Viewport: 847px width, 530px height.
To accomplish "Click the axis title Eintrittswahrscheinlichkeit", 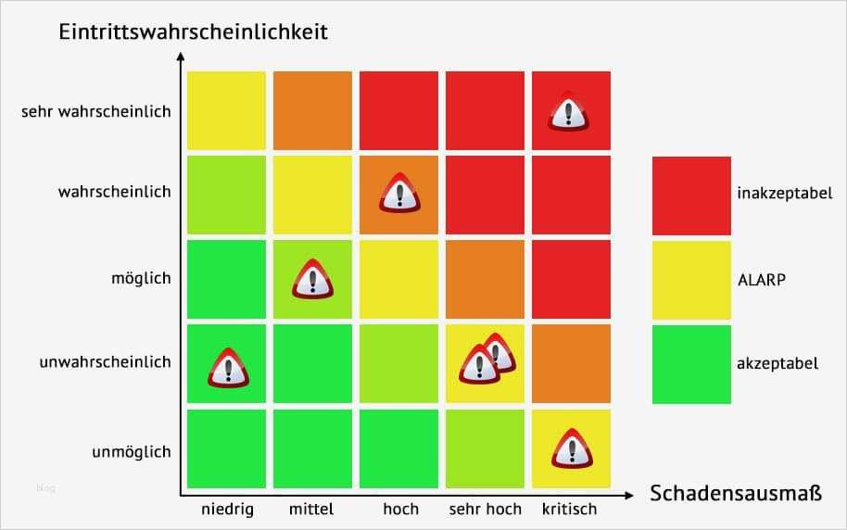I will tap(193, 32).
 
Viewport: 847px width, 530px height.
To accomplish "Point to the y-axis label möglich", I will tap(142, 278).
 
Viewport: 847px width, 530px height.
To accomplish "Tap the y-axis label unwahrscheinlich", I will tap(105, 362).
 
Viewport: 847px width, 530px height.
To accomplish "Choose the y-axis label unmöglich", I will tap(131, 452).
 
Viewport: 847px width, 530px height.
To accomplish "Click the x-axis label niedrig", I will tap(226, 510).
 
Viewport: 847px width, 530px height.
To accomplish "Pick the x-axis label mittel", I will tap(311, 510).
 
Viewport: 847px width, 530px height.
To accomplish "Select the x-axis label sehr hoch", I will tap(485, 510).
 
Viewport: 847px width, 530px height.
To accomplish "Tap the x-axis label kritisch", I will tap(571, 510).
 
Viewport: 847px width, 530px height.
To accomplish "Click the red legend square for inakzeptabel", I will tap(691, 195).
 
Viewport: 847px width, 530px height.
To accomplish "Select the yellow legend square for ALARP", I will tap(691, 279).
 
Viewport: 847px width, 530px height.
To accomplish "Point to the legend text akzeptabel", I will tap(777, 363).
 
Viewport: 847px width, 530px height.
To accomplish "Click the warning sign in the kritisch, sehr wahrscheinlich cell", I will tap(568, 112).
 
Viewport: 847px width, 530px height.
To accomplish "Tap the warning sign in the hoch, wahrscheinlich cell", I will tap(398, 195).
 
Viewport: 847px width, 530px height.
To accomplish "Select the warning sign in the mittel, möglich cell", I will tap(312, 279).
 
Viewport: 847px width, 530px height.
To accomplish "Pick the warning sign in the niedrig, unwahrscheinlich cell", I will tap(227, 368).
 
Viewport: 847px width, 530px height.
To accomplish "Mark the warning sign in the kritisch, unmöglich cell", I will tap(571, 449).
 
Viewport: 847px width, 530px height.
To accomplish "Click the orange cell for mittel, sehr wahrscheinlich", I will tap(312, 110).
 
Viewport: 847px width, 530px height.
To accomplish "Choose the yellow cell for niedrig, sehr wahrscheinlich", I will tap(226, 110).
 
